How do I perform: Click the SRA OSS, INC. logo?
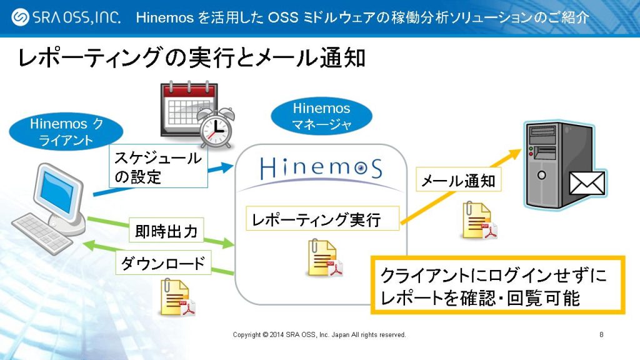[x=66, y=17]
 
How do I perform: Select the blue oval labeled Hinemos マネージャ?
[x=321, y=116]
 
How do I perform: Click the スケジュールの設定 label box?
[x=157, y=167]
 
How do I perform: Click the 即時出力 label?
[x=166, y=232]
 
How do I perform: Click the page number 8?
[x=601, y=335]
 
